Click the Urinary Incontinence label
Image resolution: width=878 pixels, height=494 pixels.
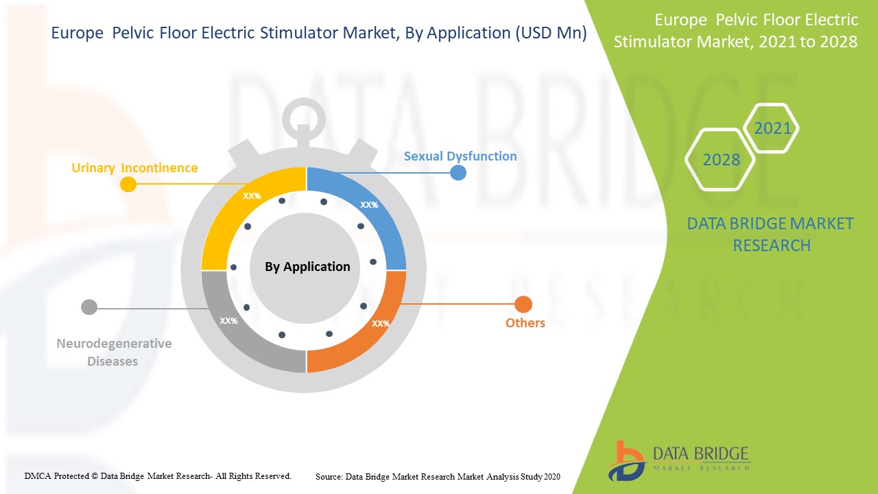click(134, 168)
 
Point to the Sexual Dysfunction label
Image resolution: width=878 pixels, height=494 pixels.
click(460, 156)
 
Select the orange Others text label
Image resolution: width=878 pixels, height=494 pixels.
click(525, 323)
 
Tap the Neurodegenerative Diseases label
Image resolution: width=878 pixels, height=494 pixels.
click(114, 352)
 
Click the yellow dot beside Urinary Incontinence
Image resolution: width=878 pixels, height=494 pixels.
click(128, 184)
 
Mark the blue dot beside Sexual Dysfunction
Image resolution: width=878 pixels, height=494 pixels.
click(458, 172)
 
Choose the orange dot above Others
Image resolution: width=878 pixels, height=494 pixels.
click(523, 305)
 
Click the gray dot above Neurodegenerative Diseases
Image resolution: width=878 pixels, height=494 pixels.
click(89, 307)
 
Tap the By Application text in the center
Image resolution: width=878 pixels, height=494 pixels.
click(307, 267)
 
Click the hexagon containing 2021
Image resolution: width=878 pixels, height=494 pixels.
click(772, 128)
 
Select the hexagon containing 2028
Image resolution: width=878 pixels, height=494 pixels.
click(721, 160)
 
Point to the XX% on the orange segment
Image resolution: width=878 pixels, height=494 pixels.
click(381, 323)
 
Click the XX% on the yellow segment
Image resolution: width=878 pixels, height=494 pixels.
click(252, 196)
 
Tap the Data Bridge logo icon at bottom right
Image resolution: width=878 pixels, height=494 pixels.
click(627, 460)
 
